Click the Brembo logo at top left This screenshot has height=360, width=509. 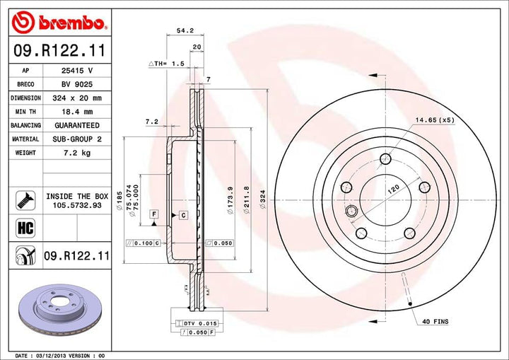(x=59, y=22)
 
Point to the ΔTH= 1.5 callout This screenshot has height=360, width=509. (x=166, y=63)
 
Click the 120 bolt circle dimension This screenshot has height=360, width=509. (x=392, y=189)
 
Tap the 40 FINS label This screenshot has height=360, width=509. (x=435, y=322)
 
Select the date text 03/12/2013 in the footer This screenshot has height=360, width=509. (x=58, y=354)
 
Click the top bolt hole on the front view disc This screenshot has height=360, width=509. (x=385, y=158)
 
